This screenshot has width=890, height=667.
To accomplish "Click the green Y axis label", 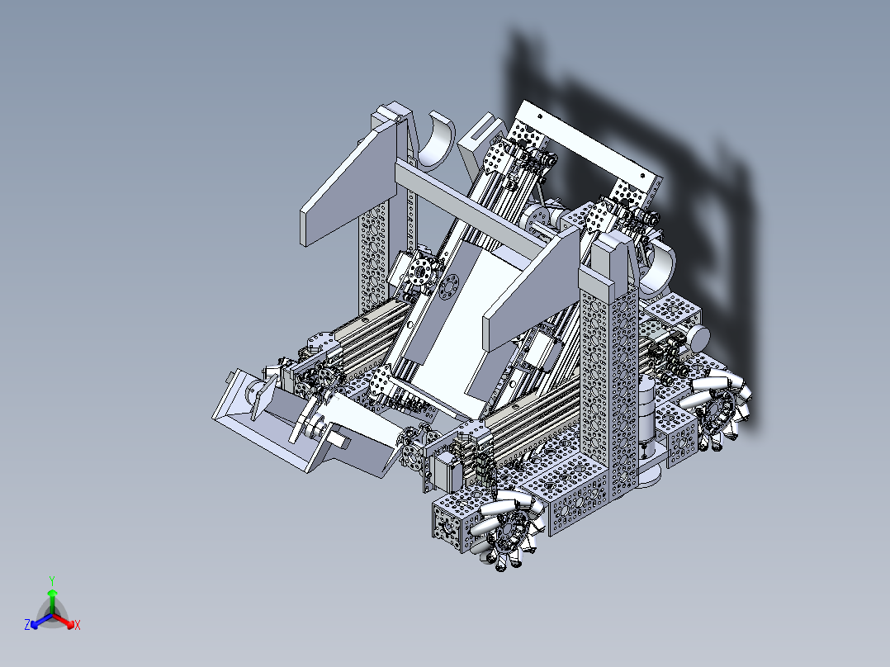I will pyautogui.click(x=51, y=580).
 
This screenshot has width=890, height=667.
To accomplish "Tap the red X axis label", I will pyautogui.click(x=78, y=626).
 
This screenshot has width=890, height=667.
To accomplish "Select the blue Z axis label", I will pyautogui.click(x=27, y=626).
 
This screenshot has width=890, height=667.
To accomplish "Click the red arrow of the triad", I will pyautogui.click(x=66, y=621).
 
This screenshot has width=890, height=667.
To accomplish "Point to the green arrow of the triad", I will pyautogui.click(x=51, y=598).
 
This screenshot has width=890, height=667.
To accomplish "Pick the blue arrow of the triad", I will pyautogui.click(x=38, y=621).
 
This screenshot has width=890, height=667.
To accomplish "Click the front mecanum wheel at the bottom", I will pyautogui.click(x=512, y=528).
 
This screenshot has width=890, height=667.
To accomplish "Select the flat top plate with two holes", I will pyautogui.click(x=588, y=144).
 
